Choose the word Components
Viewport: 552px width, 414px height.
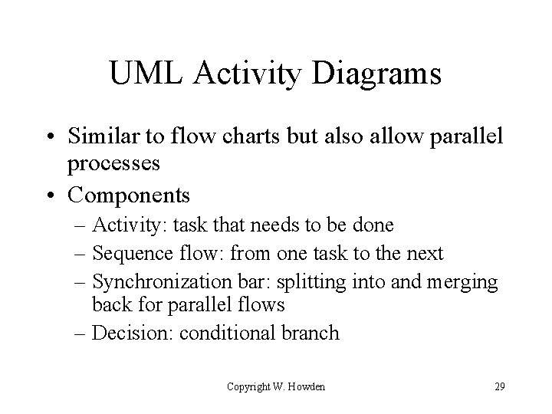pos(129,195)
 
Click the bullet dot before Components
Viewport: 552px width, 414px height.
pos(55,195)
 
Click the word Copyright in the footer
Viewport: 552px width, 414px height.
pos(248,386)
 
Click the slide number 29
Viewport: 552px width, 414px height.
pos(499,386)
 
